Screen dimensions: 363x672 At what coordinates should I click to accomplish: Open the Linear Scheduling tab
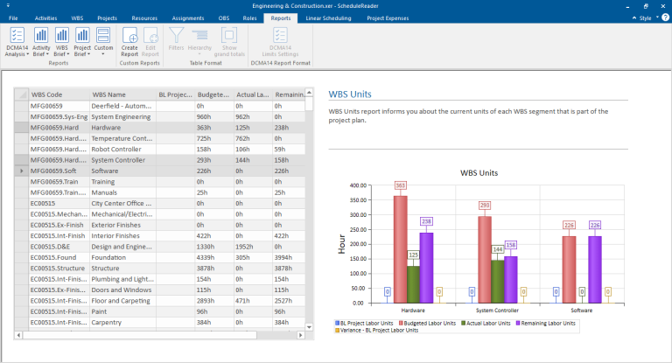click(x=333, y=17)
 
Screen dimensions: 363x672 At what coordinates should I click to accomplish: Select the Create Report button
click(x=129, y=42)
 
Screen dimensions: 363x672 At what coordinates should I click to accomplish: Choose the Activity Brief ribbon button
click(x=40, y=42)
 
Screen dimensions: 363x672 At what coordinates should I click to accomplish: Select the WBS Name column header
click(x=109, y=94)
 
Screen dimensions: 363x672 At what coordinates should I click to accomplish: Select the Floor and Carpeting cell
click(x=122, y=300)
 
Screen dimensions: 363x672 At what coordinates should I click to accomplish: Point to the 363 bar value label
click(x=400, y=185)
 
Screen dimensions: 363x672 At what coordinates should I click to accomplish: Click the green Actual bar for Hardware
click(x=414, y=284)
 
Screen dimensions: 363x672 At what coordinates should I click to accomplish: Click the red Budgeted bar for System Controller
click(x=483, y=259)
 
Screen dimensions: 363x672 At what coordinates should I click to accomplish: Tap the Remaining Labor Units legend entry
click(x=549, y=323)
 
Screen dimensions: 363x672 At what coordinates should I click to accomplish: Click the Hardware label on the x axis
click(x=414, y=311)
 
